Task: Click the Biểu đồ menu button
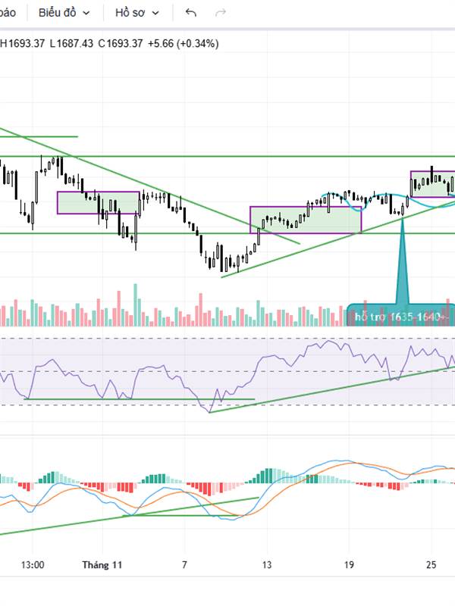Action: [x=64, y=13]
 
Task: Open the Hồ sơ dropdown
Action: [x=136, y=13]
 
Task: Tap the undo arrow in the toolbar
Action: [x=191, y=13]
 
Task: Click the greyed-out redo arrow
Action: [x=221, y=13]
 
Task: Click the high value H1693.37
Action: [x=23, y=43]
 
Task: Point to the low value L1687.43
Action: [x=71, y=43]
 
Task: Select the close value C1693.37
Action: [x=121, y=43]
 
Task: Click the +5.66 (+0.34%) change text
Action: [x=184, y=43]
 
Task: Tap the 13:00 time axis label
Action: [x=33, y=564]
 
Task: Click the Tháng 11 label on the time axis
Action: [x=102, y=564]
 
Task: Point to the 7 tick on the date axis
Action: [x=184, y=564]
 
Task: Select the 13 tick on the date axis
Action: [x=267, y=564]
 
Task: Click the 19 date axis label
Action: [x=349, y=564]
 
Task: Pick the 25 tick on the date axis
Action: [x=431, y=564]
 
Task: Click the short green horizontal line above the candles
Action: [x=45, y=136]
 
